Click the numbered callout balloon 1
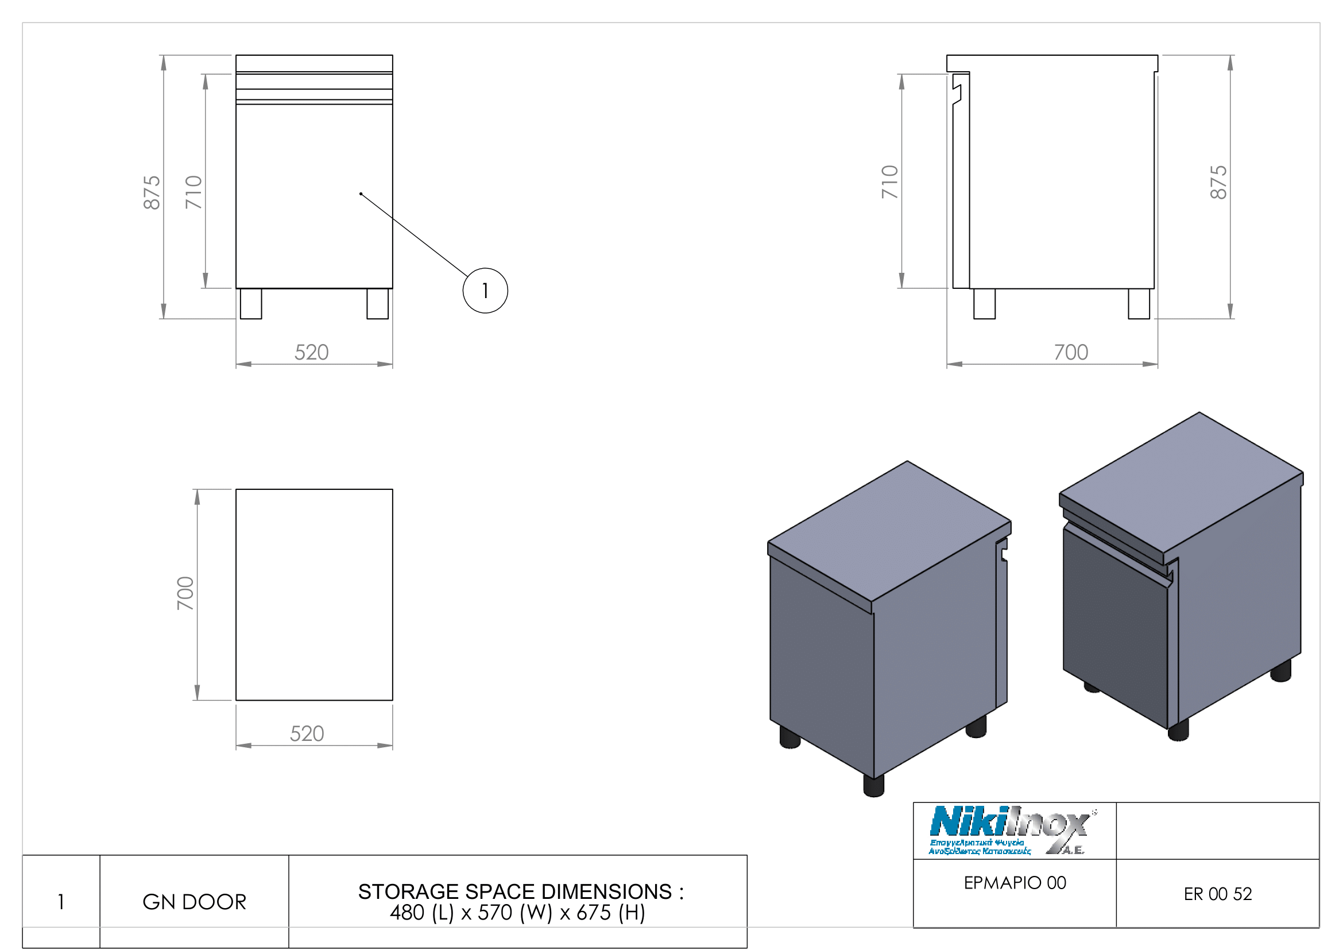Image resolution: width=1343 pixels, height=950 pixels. pos(485,291)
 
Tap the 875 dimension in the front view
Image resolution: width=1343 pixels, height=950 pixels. pos(152,192)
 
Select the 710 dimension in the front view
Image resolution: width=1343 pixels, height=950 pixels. pos(193,192)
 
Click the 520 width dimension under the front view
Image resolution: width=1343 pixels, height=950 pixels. pos(311,352)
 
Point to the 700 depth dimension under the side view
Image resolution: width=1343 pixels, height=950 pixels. pos(1070,352)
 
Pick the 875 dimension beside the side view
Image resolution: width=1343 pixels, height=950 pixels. pos(1218,182)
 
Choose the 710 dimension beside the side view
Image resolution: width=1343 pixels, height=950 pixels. pos(889,182)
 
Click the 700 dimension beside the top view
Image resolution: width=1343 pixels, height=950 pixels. pos(185,593)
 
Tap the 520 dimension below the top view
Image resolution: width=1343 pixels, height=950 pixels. pos(307,733)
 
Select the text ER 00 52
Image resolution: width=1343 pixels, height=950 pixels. pos(1218,894)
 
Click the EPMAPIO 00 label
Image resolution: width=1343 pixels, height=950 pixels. pos(1015,883)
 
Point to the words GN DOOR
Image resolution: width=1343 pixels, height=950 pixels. pos(194,902)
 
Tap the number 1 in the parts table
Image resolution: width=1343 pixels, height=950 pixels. pos(61,902)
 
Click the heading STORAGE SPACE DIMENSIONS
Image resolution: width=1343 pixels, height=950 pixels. pos(521,891)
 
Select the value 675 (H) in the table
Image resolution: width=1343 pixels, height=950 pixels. pos(611,913)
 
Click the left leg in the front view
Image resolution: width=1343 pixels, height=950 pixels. pos(251,304)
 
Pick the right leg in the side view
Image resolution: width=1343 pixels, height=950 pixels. pos(1138,304)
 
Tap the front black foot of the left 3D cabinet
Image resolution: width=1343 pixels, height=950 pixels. pos(873,786)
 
